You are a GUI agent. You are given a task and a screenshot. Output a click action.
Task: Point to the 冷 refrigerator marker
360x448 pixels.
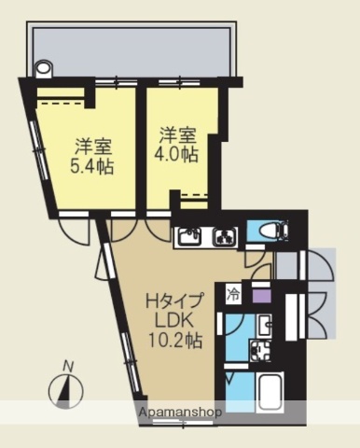[232, 297]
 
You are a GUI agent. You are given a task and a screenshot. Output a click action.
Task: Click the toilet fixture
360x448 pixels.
[271, 230]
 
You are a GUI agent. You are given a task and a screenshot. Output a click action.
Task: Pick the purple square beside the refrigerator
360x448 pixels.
[260, 297]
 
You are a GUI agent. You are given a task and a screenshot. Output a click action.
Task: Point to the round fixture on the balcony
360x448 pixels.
[42, 68]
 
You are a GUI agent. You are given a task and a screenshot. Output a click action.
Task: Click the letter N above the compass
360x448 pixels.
[67, 366]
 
